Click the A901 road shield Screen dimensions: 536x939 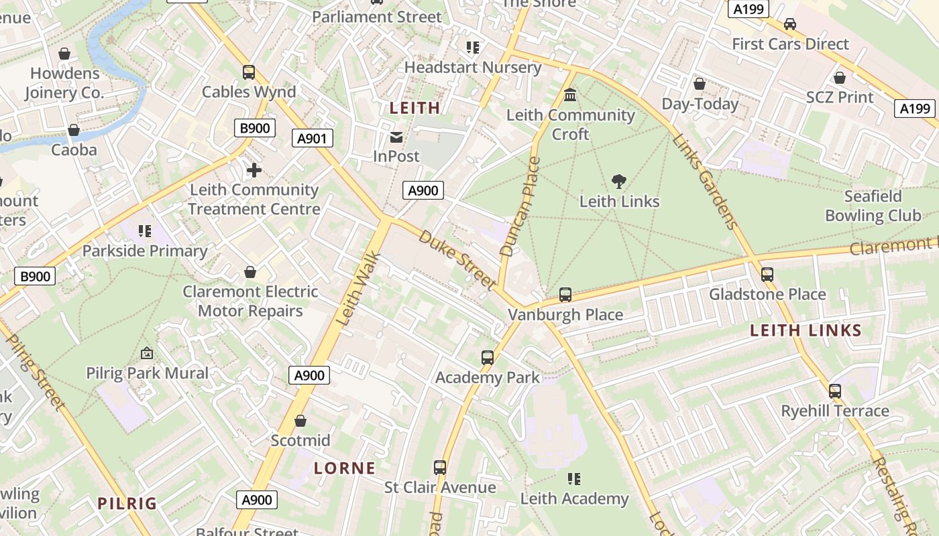tap(313, 139)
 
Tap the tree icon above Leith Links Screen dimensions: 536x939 tap(619, 181)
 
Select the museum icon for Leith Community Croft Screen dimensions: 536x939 tap(570, 95)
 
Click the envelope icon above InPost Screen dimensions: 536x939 tap(396, 137)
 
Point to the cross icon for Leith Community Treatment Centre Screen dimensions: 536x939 tap(254, 170)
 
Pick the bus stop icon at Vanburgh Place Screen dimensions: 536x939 tap(565, 295)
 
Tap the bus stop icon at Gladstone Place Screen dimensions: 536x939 tap(767, 274)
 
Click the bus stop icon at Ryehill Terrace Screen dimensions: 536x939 tap(835, 391)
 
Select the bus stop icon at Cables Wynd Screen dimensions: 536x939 tap(249, 72)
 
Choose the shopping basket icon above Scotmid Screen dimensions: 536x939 tap(300, 421)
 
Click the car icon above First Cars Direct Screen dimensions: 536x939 tap(790, 24)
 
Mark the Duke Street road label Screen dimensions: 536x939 tap(457, 259)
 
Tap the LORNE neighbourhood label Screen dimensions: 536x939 tap(345, 468)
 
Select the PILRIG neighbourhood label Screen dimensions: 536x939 tap(127, 503)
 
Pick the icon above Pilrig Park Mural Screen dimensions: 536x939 tap(147, 353)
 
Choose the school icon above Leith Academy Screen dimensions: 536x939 tap(574, 478)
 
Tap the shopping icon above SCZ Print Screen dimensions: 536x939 tap(839, 78)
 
